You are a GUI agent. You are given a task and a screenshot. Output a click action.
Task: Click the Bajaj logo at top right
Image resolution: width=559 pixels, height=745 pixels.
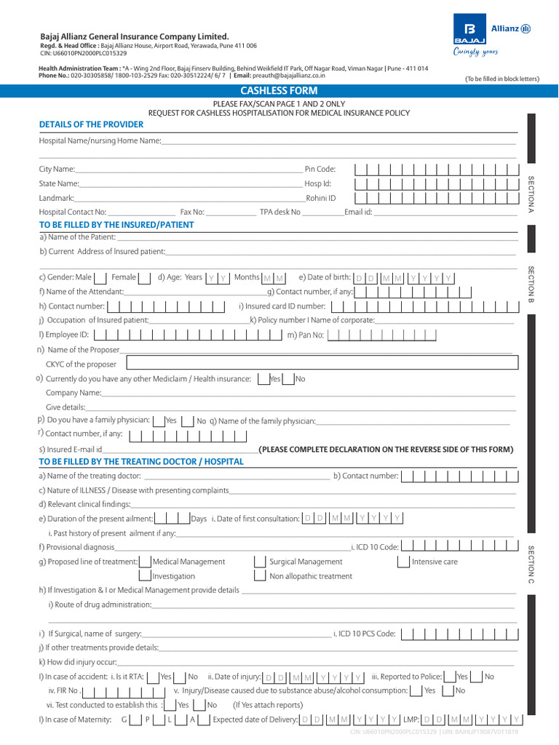tap(465, 31)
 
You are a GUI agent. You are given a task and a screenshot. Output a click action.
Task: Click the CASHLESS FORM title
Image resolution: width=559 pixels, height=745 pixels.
tap(279, 91)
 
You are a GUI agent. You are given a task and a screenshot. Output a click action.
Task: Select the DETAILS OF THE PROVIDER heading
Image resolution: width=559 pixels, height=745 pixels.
tap(91, 124)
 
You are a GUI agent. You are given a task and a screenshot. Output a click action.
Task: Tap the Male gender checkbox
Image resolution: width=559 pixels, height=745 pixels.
tap(101, 277)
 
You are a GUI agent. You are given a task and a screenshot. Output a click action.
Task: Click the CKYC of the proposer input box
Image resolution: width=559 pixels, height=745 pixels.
tap(322, 364)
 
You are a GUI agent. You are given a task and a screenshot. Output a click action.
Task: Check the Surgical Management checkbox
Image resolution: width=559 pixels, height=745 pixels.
tap(260, 562)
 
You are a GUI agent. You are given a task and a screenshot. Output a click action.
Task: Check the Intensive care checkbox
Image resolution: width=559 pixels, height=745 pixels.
tap(404, 562)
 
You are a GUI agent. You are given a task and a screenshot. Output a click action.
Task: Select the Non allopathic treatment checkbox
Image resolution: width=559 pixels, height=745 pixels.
tap(260, 575)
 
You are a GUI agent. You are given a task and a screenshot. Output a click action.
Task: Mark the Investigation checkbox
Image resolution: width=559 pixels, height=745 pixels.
tap(144, 575)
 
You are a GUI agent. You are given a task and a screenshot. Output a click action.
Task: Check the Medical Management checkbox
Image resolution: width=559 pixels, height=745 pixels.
tap(144, 562)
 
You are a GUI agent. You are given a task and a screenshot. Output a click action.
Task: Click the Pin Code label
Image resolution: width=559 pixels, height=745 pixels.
tap(320, 169)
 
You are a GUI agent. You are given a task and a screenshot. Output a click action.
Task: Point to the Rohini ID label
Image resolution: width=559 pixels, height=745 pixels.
tap(321, 198)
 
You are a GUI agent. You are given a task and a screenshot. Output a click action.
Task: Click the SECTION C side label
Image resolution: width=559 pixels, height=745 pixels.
tap(531, 564)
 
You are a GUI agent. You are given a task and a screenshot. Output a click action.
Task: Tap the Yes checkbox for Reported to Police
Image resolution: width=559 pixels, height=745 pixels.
tap(450, 677)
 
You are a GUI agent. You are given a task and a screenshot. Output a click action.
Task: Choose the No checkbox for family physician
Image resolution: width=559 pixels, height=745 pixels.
tap(187, 421)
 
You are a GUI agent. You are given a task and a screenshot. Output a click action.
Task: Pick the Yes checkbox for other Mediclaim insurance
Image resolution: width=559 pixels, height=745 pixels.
tap(263, 379)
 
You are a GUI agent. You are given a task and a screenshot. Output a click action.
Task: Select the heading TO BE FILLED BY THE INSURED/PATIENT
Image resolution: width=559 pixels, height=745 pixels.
tap(116, 225)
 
